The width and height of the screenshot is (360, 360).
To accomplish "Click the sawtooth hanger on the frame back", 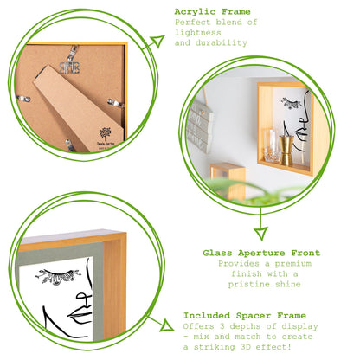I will coord(70,65).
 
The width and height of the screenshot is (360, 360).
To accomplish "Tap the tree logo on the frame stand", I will coord(104,135).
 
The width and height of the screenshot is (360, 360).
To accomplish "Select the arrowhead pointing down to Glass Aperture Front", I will coord(260,234).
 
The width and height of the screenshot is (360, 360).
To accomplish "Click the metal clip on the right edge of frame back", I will coord(113,103).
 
